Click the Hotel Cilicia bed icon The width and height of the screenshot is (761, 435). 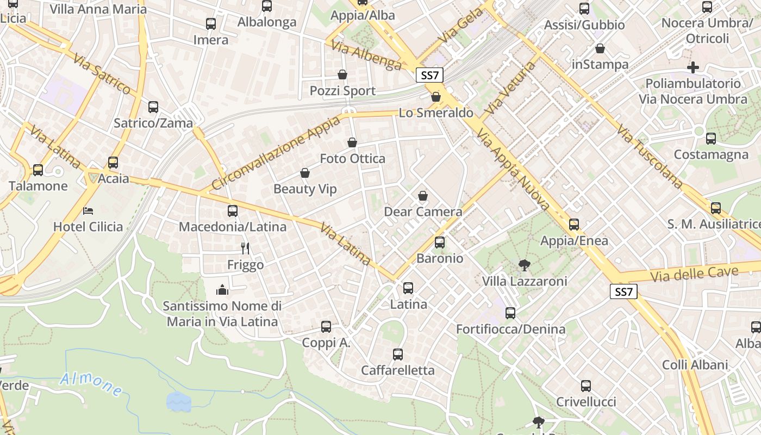88,210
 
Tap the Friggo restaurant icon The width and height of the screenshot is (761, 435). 245,248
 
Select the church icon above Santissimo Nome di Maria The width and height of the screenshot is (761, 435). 222,290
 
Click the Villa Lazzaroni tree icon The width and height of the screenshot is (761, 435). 525,265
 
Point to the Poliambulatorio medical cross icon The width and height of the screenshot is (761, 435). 693,67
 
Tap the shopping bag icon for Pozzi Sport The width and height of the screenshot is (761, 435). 342,74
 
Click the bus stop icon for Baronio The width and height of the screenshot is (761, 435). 440,243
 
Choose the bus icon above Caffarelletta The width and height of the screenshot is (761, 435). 398,355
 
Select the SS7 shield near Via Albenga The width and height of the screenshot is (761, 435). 429,76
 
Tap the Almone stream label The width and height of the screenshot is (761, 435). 91,383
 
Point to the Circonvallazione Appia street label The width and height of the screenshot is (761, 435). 276,153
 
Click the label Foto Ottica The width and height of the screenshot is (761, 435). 352,159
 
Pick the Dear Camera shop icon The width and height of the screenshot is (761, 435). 423,196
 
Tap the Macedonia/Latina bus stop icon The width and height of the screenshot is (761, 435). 233,210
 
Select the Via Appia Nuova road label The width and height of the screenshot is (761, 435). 514,171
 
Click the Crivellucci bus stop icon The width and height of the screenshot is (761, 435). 585,386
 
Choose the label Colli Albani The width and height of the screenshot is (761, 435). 695,364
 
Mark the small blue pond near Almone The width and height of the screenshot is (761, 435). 179,402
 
